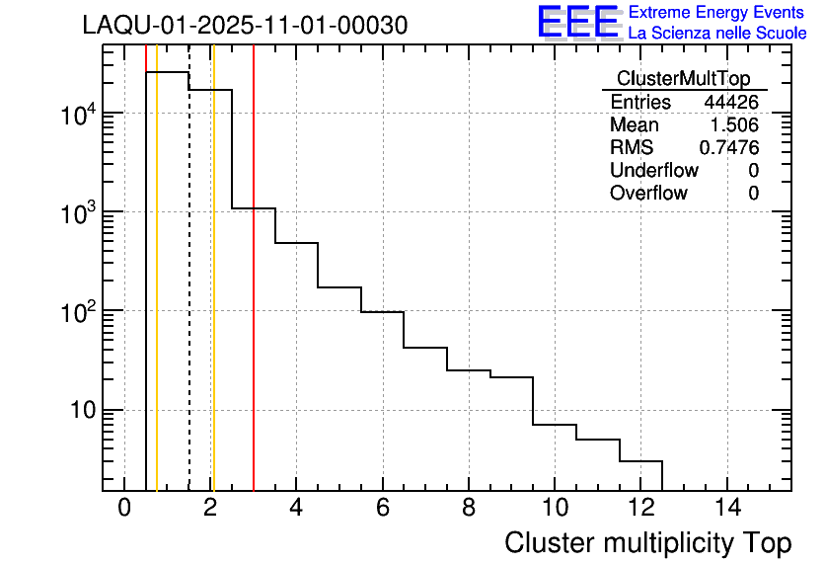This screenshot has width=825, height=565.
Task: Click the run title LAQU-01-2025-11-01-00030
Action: tap(245, 26)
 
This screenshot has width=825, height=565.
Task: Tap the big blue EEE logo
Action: tap(577, 24)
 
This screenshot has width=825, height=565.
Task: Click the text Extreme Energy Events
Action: tap(717, 13)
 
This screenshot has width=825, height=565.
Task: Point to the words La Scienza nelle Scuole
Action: tap(717, 34)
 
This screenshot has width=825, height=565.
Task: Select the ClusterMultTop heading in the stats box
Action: tap(683, 79)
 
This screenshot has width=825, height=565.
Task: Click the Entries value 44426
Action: tap(730, 103)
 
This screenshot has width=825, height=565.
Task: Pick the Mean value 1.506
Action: tap(734, 125)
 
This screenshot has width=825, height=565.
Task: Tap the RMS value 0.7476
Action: tap(729, 148)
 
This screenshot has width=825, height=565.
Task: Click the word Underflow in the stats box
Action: tap(653, 171)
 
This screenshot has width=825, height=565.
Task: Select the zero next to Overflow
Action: tap(753, 194)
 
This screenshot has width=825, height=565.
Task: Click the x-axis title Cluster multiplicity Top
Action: tap(647, 543)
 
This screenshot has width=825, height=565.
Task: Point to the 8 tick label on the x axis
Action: tap(469, 510)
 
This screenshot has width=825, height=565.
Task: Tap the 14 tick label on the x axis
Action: tap(726, 510)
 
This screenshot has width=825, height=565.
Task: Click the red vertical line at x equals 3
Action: tap(254, 296)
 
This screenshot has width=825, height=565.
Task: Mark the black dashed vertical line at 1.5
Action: tap(188, 296)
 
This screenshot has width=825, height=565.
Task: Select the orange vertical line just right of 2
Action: tap(213, 296)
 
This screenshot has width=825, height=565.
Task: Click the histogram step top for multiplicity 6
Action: tap(383, 312)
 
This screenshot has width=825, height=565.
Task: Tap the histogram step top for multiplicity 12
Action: tap(640, 461)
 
